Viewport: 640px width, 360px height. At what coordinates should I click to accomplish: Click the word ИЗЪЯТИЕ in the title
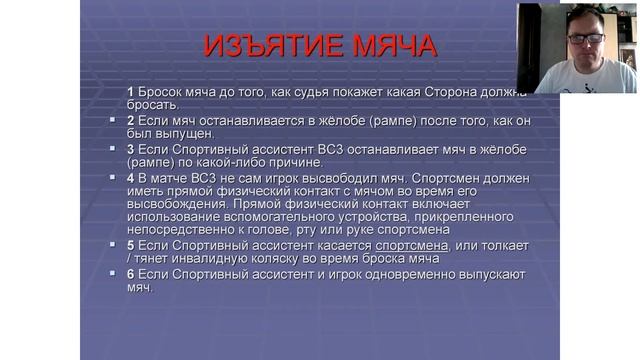pyautogui.click(x=265, y=46)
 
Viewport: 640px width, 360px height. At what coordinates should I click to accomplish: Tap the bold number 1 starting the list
pyautogui.click(x=131, y=91)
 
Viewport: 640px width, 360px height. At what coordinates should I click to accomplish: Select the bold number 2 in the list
pyautogui.click(x=131, y=120)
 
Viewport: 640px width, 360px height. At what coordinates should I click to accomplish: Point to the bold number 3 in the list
pyautogui.click(x=131, y=149)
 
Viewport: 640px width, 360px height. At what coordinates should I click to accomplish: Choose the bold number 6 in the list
pyautogui.click(x=131, y=274)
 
